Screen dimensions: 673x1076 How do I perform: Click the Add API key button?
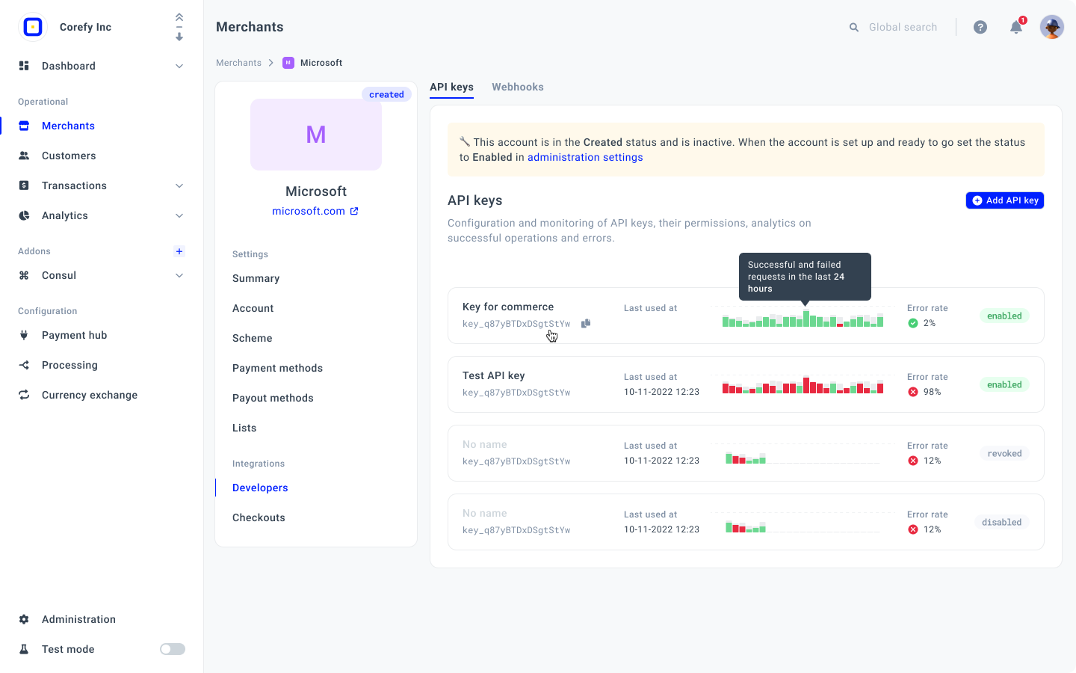click(x=1004, y=200)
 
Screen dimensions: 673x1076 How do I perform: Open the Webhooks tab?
click(x=517, y=87)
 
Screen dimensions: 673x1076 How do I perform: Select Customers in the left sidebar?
click(x=69, y=156)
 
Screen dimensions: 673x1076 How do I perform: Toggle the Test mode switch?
click(x=173, y=649)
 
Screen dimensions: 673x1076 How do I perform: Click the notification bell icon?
click(x=1016, y=28)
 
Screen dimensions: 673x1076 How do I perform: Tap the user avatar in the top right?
click(x=1051, y=27)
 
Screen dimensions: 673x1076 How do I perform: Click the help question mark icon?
click(x=980, y=28)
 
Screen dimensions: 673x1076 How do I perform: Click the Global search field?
click(x=903, y=27)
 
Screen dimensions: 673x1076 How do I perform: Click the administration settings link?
click(x=585, y=157)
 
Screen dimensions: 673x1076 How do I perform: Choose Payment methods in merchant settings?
click(x=277, y=368)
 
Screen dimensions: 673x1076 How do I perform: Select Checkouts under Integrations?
click(x=259, y=517)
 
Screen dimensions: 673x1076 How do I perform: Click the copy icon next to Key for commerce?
click(x=586, y=324)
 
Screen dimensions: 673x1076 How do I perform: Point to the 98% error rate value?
click(x=932, y=392)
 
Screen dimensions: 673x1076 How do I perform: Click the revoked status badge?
click(x=1004, y=453)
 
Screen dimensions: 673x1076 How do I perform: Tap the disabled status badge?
click(x=1001, y=522)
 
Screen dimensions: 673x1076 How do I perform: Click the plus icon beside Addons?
click(x=179, y=251)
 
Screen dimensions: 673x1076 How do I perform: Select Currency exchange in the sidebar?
click(x=90, y=395)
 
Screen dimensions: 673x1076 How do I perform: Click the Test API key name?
click(x=493, y=375)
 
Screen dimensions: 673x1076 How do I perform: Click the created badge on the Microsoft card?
click(x=386, y=94)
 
